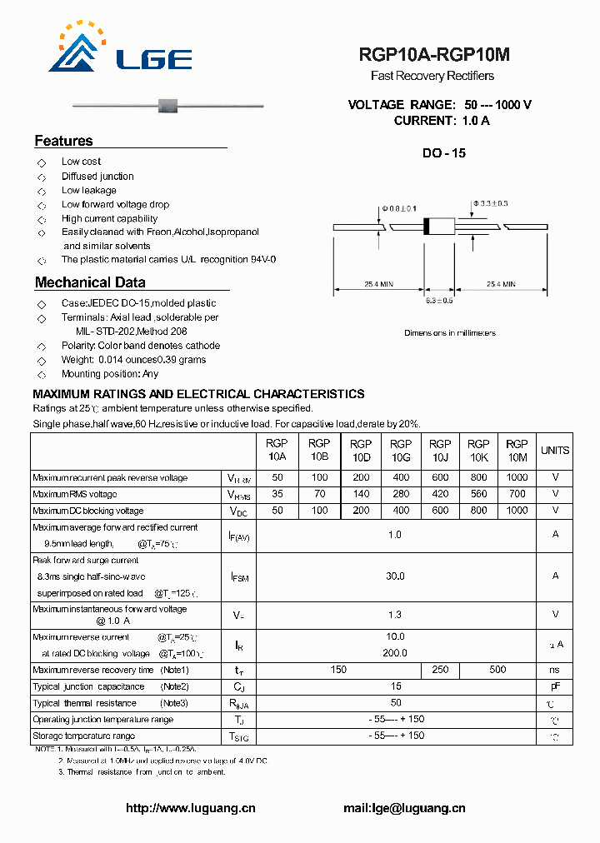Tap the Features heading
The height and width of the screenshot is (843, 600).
[64, 141]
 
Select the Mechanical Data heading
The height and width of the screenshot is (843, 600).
[90, 282]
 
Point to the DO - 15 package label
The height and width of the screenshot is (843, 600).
[444, 153]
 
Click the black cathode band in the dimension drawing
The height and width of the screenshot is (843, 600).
[427, 226]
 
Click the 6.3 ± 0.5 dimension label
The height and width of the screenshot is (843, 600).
[439, 301]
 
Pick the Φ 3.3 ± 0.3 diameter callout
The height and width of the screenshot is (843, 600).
[490, 203]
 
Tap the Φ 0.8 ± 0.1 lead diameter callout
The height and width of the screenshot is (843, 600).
[399, 207]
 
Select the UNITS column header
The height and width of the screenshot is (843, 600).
[555, 451]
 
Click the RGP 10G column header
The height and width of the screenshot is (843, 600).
[401, 451]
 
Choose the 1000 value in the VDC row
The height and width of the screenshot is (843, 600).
[517, 511]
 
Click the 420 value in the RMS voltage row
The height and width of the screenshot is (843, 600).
[440, 494]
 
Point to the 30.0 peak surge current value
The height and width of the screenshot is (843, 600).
[395, 576]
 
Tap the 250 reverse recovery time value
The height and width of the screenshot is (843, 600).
[440, 670]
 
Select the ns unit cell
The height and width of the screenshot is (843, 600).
[555, 670]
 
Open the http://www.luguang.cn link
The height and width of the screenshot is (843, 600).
[191, 808]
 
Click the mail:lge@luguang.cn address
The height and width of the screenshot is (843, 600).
[404, 808]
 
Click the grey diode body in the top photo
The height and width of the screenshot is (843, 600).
[167, 105]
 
